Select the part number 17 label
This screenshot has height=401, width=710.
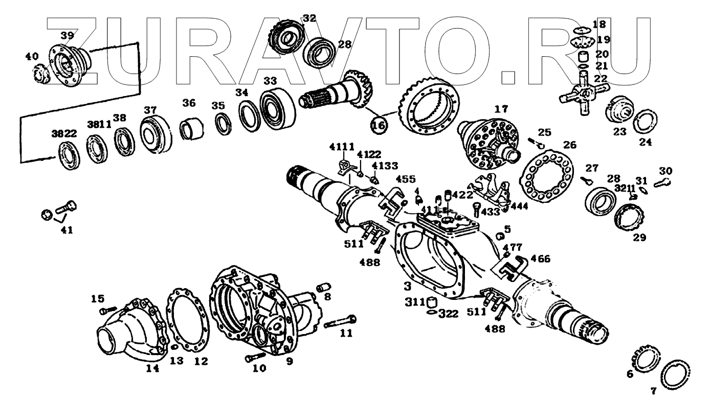click(501, 108)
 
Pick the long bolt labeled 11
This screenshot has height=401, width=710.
click(340, 322)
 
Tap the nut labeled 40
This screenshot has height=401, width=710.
click(40, 73)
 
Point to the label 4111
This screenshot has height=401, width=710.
click(341, 147)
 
